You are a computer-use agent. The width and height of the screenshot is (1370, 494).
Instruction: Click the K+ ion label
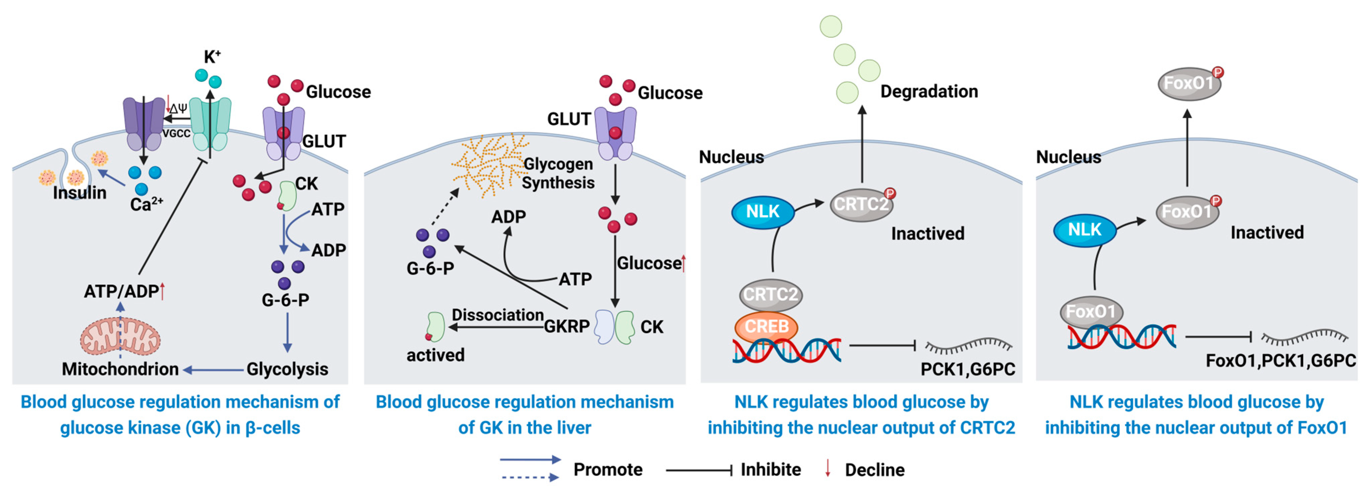212,57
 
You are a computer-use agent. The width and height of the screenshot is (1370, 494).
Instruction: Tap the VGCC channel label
176,133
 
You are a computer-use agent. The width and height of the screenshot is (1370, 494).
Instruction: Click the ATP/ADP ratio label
122,291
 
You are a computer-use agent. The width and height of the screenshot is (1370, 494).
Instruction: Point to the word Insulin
79,193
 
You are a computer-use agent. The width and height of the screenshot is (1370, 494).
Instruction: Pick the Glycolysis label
287,369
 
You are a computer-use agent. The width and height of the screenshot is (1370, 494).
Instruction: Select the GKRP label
566,326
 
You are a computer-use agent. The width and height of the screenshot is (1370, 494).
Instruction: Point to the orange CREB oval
766,326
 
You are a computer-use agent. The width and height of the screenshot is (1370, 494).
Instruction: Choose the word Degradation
929,91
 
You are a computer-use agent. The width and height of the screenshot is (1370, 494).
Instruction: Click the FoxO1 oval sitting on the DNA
1091,311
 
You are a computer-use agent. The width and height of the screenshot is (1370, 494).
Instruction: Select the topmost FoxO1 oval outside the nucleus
1189,84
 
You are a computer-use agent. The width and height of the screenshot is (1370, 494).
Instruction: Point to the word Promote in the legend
607,470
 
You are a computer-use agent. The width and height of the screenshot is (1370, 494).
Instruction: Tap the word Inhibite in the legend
770,470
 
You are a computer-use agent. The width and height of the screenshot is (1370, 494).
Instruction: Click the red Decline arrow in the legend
828,468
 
